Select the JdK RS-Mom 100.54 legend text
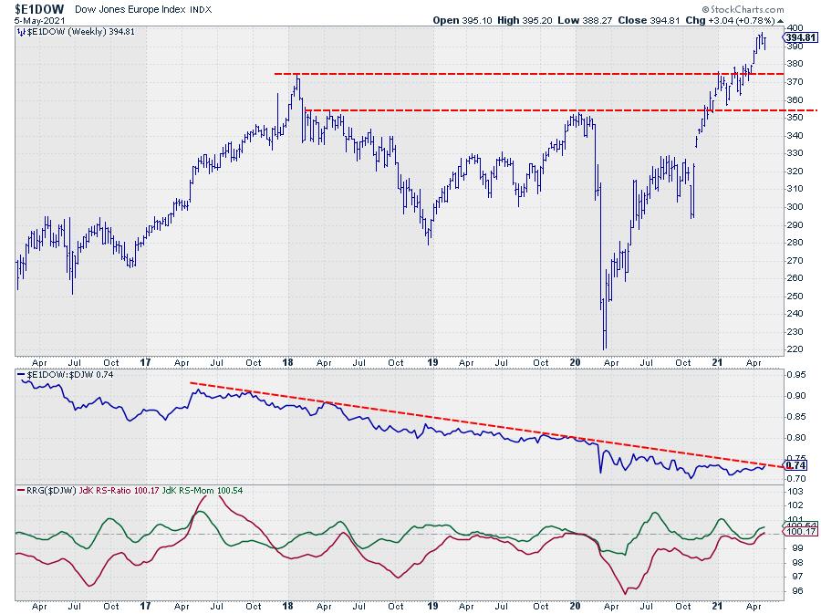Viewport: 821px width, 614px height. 206,492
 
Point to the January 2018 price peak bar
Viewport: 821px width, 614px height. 297,79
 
